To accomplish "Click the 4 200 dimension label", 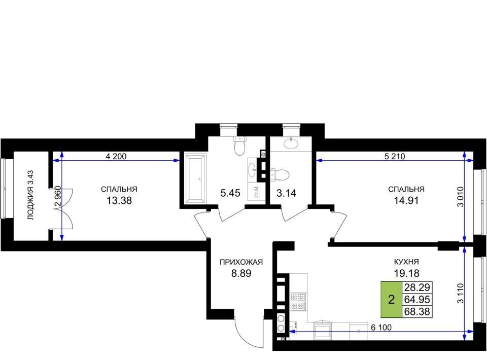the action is pos(116,156).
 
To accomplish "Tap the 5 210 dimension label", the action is pos(395,156).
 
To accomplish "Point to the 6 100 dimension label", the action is pos(381,328).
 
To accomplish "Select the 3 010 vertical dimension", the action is pos(460,196).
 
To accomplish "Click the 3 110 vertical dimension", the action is pos(460,293).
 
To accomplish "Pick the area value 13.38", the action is pos(119,201).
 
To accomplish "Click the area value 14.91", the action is pos(406,201).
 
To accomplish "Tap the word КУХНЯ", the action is pos(406,262).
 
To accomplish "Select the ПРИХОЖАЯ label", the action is pos(241,262).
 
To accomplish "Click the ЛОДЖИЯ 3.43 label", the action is pos(30,195).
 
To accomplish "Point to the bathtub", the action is pos(195,178).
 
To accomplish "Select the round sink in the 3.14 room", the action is pos(291,143).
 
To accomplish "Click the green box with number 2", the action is pos(391,300).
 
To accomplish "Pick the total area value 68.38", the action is pos(417,312).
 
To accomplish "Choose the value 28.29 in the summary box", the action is pos(417,287).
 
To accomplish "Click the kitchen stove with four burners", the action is pos(298,302).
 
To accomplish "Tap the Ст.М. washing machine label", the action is pos(257,192).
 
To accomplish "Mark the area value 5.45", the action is pos(230,193).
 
